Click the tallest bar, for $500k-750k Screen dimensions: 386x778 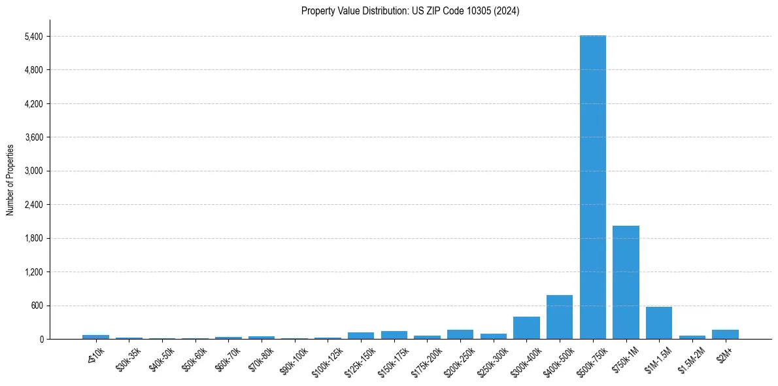pos(592,187)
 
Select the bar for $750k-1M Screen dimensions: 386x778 pos(626,282)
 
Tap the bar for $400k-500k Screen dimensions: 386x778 pos(559,317)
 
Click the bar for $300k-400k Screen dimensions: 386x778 pos(526,328)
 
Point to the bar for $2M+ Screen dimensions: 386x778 pos(725,334)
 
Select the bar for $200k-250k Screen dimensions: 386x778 pos(460,334)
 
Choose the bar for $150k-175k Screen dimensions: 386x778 pos(394,335)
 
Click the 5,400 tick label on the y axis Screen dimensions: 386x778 pos(33,37)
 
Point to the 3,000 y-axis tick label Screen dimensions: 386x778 pos(33,171)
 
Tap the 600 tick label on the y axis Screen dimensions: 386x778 pos(37,306)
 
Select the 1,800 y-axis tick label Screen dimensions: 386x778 pos(33,238)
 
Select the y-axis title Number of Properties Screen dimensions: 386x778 pos(10,179)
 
